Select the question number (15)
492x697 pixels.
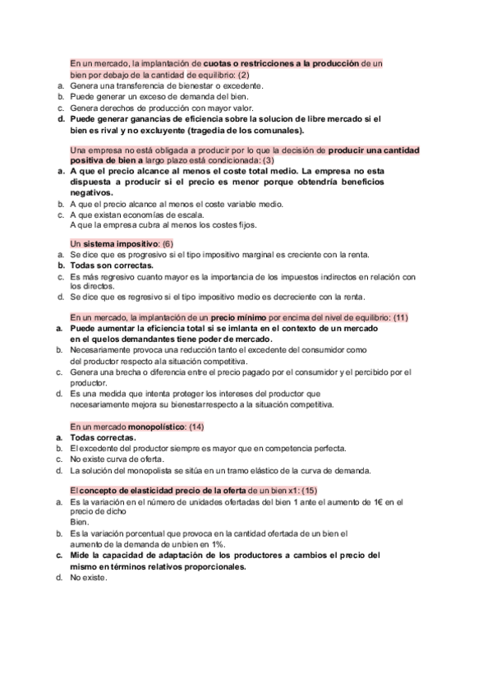pos(309,490)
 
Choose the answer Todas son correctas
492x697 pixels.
pos(112,265)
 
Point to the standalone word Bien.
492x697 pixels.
pos(79,522)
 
